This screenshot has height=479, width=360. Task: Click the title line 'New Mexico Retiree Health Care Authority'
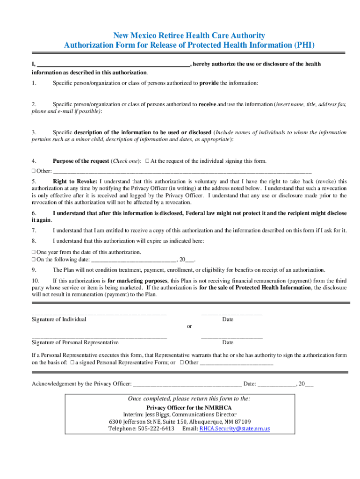189,36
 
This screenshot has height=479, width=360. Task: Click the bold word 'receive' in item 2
207,104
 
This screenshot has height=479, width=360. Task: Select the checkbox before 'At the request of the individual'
147,161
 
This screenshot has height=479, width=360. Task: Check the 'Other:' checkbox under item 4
34,171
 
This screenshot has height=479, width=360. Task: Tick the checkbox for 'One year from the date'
34,252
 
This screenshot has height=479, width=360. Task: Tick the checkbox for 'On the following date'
34,259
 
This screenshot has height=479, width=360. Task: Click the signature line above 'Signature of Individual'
99,313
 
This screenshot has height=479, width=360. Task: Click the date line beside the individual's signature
231,313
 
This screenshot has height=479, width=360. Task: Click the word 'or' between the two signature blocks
189,327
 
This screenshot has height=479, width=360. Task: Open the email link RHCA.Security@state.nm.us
235,428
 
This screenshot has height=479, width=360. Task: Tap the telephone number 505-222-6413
156,428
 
